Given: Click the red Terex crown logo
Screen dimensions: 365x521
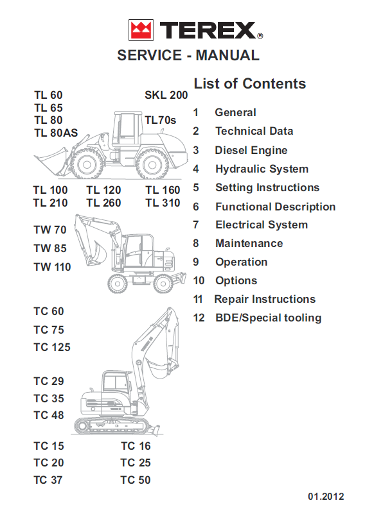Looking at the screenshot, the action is point(141,30).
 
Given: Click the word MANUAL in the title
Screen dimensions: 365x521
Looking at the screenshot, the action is point(227,55).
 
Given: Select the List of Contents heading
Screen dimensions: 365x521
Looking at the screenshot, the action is point(250,83).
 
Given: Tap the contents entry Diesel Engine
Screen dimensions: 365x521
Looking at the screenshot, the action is point(251,151).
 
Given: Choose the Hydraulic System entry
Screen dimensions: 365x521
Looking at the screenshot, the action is point(262,169).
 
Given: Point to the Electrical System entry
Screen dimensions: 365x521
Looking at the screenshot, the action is point(262,225).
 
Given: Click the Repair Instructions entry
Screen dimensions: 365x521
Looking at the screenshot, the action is point(265,300).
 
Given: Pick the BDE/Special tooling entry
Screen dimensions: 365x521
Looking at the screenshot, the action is point(268,318).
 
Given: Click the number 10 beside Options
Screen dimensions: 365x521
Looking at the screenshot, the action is point(199,281).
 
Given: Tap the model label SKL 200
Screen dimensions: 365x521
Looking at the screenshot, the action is point(166,96).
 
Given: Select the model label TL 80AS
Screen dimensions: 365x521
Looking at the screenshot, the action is point(56,133).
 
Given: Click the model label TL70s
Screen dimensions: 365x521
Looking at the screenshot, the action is point(161,120).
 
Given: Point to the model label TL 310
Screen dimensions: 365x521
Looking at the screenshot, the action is point(163,203).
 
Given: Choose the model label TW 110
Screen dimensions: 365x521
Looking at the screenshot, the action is point(52,267).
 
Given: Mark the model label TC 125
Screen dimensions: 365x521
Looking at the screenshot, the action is point(52,347).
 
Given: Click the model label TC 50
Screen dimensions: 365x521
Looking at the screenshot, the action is point(136,480).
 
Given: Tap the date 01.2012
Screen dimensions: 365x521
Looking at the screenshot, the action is point(326,497).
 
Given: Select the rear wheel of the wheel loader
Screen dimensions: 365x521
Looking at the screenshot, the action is point(152,164).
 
